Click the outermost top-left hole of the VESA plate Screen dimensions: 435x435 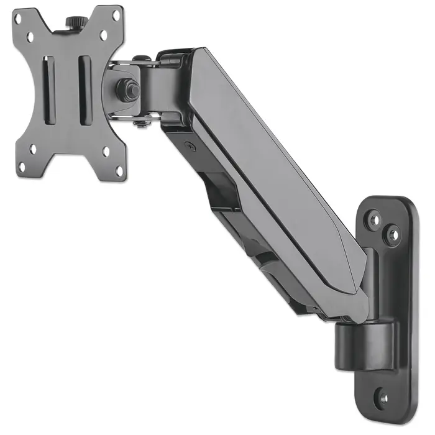pyautogui.click(x=18, y=18)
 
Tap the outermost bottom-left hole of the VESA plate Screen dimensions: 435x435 pyautogui.click(x=21, y=167)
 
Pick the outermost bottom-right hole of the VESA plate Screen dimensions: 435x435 pyautogui.click(x=120, y=169)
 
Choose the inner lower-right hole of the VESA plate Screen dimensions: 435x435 pyautogui.click(x=106, y=151)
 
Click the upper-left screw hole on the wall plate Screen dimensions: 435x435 pyautogui.click(x=374, y=219)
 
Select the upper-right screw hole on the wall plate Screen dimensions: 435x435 pyautogui.click(x=392, y=234)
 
